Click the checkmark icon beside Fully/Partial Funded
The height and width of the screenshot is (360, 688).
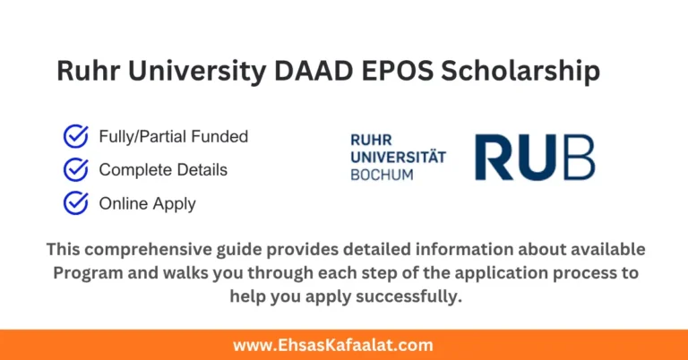75,137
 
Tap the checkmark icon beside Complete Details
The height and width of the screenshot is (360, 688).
75,169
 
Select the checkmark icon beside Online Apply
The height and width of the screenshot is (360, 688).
75,203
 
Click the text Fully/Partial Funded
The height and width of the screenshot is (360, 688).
173,137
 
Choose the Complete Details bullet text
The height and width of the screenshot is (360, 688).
163,169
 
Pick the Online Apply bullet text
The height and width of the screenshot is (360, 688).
147,203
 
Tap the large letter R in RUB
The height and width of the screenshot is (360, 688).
495,158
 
